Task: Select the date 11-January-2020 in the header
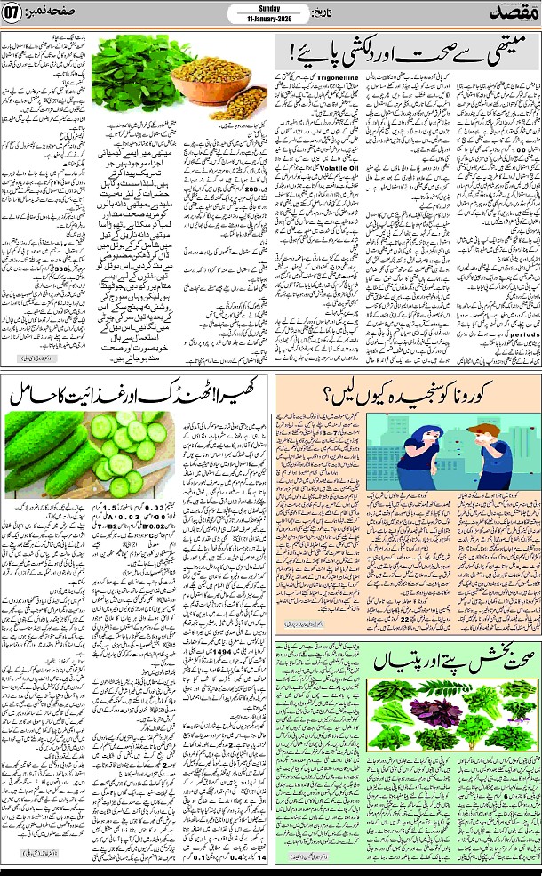pos(270,20)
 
